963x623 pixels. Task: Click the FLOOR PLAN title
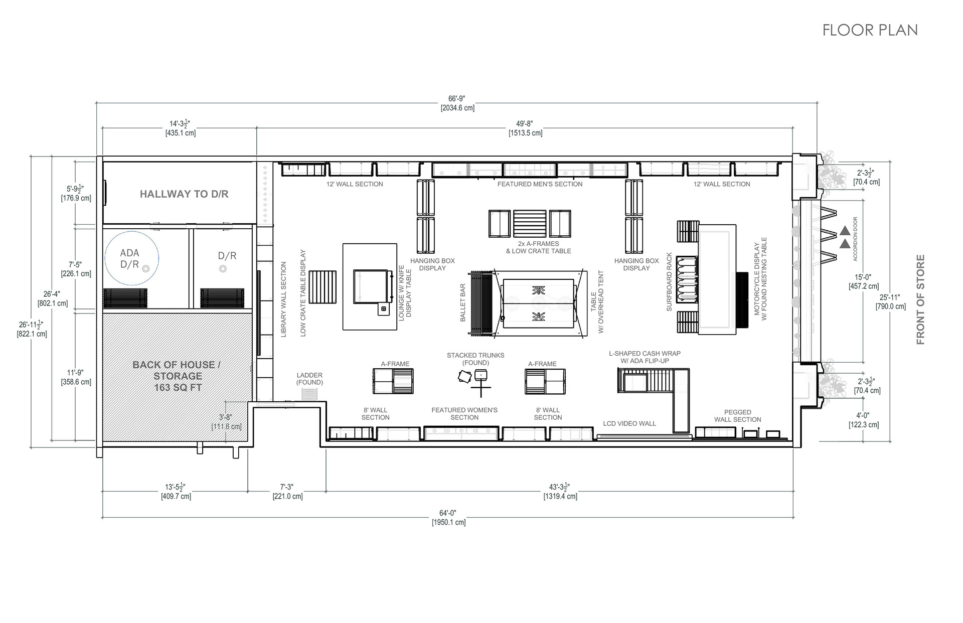coord(870,30)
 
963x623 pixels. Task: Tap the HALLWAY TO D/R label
coord(184,194)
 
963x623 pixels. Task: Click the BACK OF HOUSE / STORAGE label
coord(177,376)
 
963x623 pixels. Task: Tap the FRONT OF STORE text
coord(920,299)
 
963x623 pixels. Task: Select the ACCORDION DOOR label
coord(855,239)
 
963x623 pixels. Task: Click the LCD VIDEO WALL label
coord(629,423)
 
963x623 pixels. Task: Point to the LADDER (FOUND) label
coord(309,379)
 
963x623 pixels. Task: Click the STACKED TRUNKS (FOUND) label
coord(475,359)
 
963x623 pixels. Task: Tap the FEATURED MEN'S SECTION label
coord(540,184)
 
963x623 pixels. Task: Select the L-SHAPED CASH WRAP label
coord(645,357)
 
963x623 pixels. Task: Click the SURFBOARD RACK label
coord(669,282)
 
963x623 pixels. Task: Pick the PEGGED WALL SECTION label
coord(737,416)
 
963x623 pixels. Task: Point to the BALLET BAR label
coord(463,303)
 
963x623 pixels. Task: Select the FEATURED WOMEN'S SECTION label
coord(464,414)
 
